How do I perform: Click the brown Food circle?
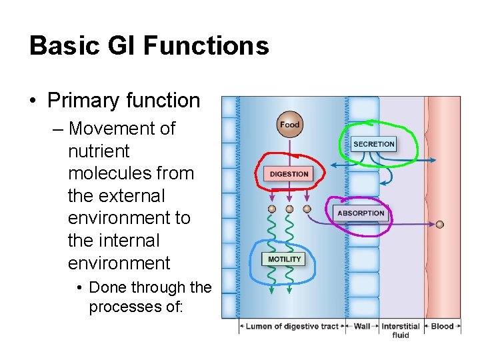point(289,125)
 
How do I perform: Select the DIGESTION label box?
point(289,174)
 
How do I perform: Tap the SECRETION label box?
point(374,144)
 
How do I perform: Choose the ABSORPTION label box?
point(361,213)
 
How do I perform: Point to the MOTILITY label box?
point(285,259)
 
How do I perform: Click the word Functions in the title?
point(206,45)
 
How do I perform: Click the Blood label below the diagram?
point(442,327)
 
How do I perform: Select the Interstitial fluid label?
point(401,331)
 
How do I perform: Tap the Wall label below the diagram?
point(362,327)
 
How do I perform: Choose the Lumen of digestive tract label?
point(292,327)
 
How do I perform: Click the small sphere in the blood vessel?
point(440,224)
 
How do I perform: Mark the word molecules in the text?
point(104,173)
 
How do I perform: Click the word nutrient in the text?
point(99,151)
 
